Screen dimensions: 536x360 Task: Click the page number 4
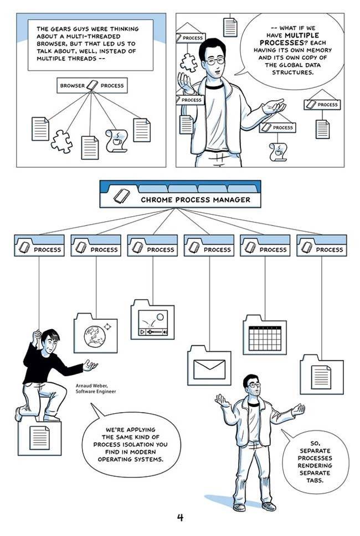coord(180,518)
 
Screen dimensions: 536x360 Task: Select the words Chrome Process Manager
coord(195,200)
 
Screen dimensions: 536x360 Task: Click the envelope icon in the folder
coord(209,369)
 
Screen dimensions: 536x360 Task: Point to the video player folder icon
coord(152,322)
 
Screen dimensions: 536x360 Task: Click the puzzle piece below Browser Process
coord(61,141)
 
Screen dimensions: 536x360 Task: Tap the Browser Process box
coord(92,86)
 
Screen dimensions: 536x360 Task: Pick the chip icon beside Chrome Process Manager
coord(120,198)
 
